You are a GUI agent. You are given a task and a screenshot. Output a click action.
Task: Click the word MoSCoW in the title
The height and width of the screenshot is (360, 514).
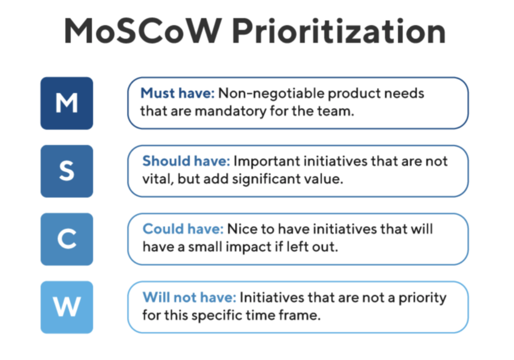(x=143, y=31)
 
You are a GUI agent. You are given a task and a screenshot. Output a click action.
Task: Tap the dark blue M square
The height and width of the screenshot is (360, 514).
(x=67, y=103)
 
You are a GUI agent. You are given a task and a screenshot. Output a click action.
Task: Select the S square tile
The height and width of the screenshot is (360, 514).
(x=67, y=171)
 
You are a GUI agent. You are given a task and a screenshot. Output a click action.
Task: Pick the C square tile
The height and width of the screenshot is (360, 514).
(x=67, y=239)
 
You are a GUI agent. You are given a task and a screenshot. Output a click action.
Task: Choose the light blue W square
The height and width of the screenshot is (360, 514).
(x=67, y=307)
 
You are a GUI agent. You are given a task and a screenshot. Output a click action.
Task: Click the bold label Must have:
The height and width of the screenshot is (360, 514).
(x=177, y=93)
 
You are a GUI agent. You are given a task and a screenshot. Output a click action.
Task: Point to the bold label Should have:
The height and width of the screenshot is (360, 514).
(x=186, y=161)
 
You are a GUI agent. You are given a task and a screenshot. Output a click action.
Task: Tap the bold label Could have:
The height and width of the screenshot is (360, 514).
(x=183, y=229)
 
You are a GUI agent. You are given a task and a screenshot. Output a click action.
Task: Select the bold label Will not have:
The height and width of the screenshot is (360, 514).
(x=189, y=297)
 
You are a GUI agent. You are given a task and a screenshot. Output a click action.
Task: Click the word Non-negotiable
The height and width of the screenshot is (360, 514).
(x=271, y=94)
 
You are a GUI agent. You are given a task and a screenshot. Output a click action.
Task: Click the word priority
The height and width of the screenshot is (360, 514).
(x=423, y=298)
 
